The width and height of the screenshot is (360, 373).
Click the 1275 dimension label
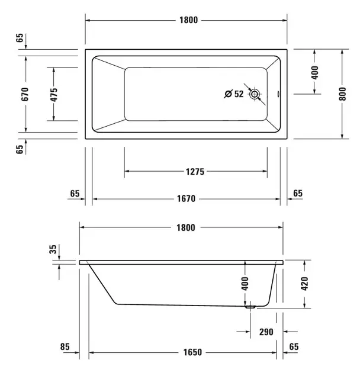(x=195, y=172)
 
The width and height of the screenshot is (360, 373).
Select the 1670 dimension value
(x=186, y=198)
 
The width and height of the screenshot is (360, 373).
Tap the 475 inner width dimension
(x=54, y=95)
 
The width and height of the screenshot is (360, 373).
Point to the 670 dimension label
(x=25, y=94)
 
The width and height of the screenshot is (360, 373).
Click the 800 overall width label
(x=342, y=94)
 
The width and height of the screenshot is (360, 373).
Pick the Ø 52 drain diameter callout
(x=234, y=94)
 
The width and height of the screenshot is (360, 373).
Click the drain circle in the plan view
(x=255, y=94)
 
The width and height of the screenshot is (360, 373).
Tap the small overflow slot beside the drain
(x=278, y=94)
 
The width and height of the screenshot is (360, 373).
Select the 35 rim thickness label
(x=53, y=249)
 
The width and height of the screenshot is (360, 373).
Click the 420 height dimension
(x=304, y=284)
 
